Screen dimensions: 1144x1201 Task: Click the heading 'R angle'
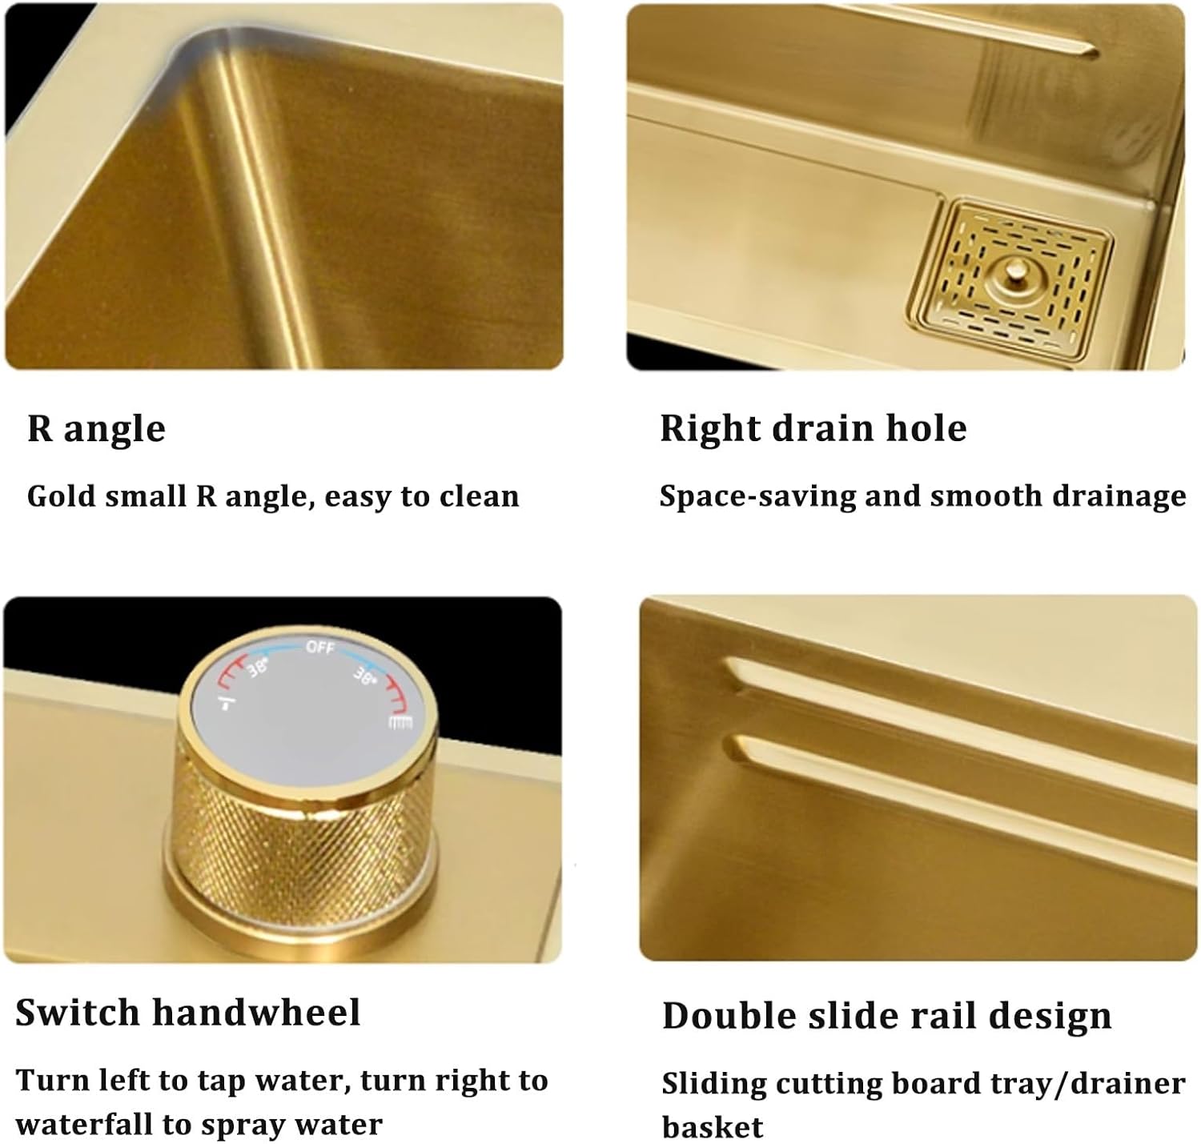click(x=96, y=429)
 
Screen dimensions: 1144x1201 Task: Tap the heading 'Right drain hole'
click(x=813, y=428)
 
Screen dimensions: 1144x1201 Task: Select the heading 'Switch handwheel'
click(x=187, y=1013)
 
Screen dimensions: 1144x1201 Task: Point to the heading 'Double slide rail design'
click(x=886, y=1016)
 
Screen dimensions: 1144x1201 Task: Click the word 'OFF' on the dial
click(x=320, y=647)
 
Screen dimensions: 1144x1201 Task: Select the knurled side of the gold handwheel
click(x=300, y=833)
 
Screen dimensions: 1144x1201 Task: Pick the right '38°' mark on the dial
click(x=364, y=676)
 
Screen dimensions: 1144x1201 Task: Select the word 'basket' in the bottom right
click(x=712, y=1127)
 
